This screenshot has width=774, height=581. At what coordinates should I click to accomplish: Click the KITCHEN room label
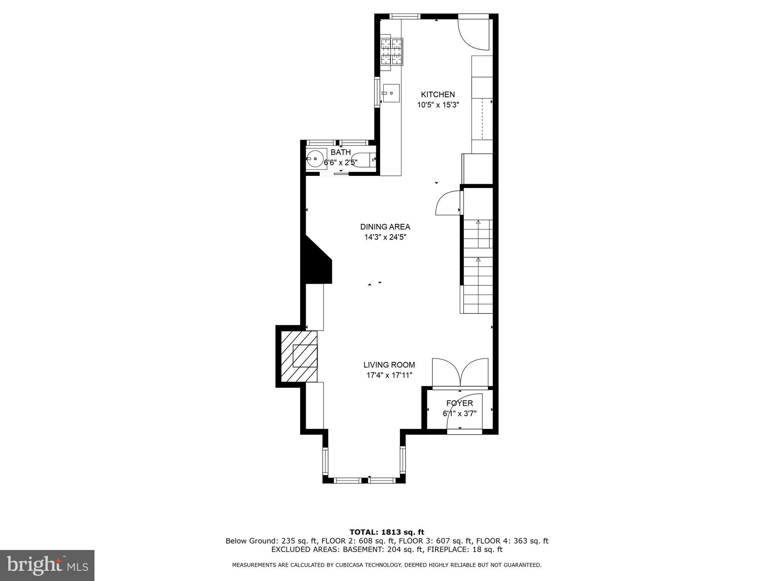[x=438, y=95]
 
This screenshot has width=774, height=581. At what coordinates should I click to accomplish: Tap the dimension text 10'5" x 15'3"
[x=438, y=105]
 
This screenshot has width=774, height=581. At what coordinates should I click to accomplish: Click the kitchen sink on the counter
[x=391, y=93]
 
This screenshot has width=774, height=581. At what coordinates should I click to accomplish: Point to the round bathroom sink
[x=316, y=158]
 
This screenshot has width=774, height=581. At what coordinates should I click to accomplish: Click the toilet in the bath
[x=363, y=160]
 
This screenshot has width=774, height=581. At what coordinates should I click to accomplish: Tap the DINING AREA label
[x=385, y=227]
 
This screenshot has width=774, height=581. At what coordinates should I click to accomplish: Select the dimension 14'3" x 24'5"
[x=385, y=238]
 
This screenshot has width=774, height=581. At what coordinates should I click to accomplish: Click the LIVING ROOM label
[x=389, y=365]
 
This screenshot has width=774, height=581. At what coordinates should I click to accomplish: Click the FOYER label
[x=459, y=403]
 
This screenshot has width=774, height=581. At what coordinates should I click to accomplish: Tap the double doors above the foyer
[x=460, y=373]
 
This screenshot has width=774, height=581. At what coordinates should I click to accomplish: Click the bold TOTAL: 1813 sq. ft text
[x=387, y=532]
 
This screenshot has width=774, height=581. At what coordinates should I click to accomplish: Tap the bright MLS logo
[x=47, y=565]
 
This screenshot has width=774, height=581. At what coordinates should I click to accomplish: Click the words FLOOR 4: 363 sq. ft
[x=512, y=541]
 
